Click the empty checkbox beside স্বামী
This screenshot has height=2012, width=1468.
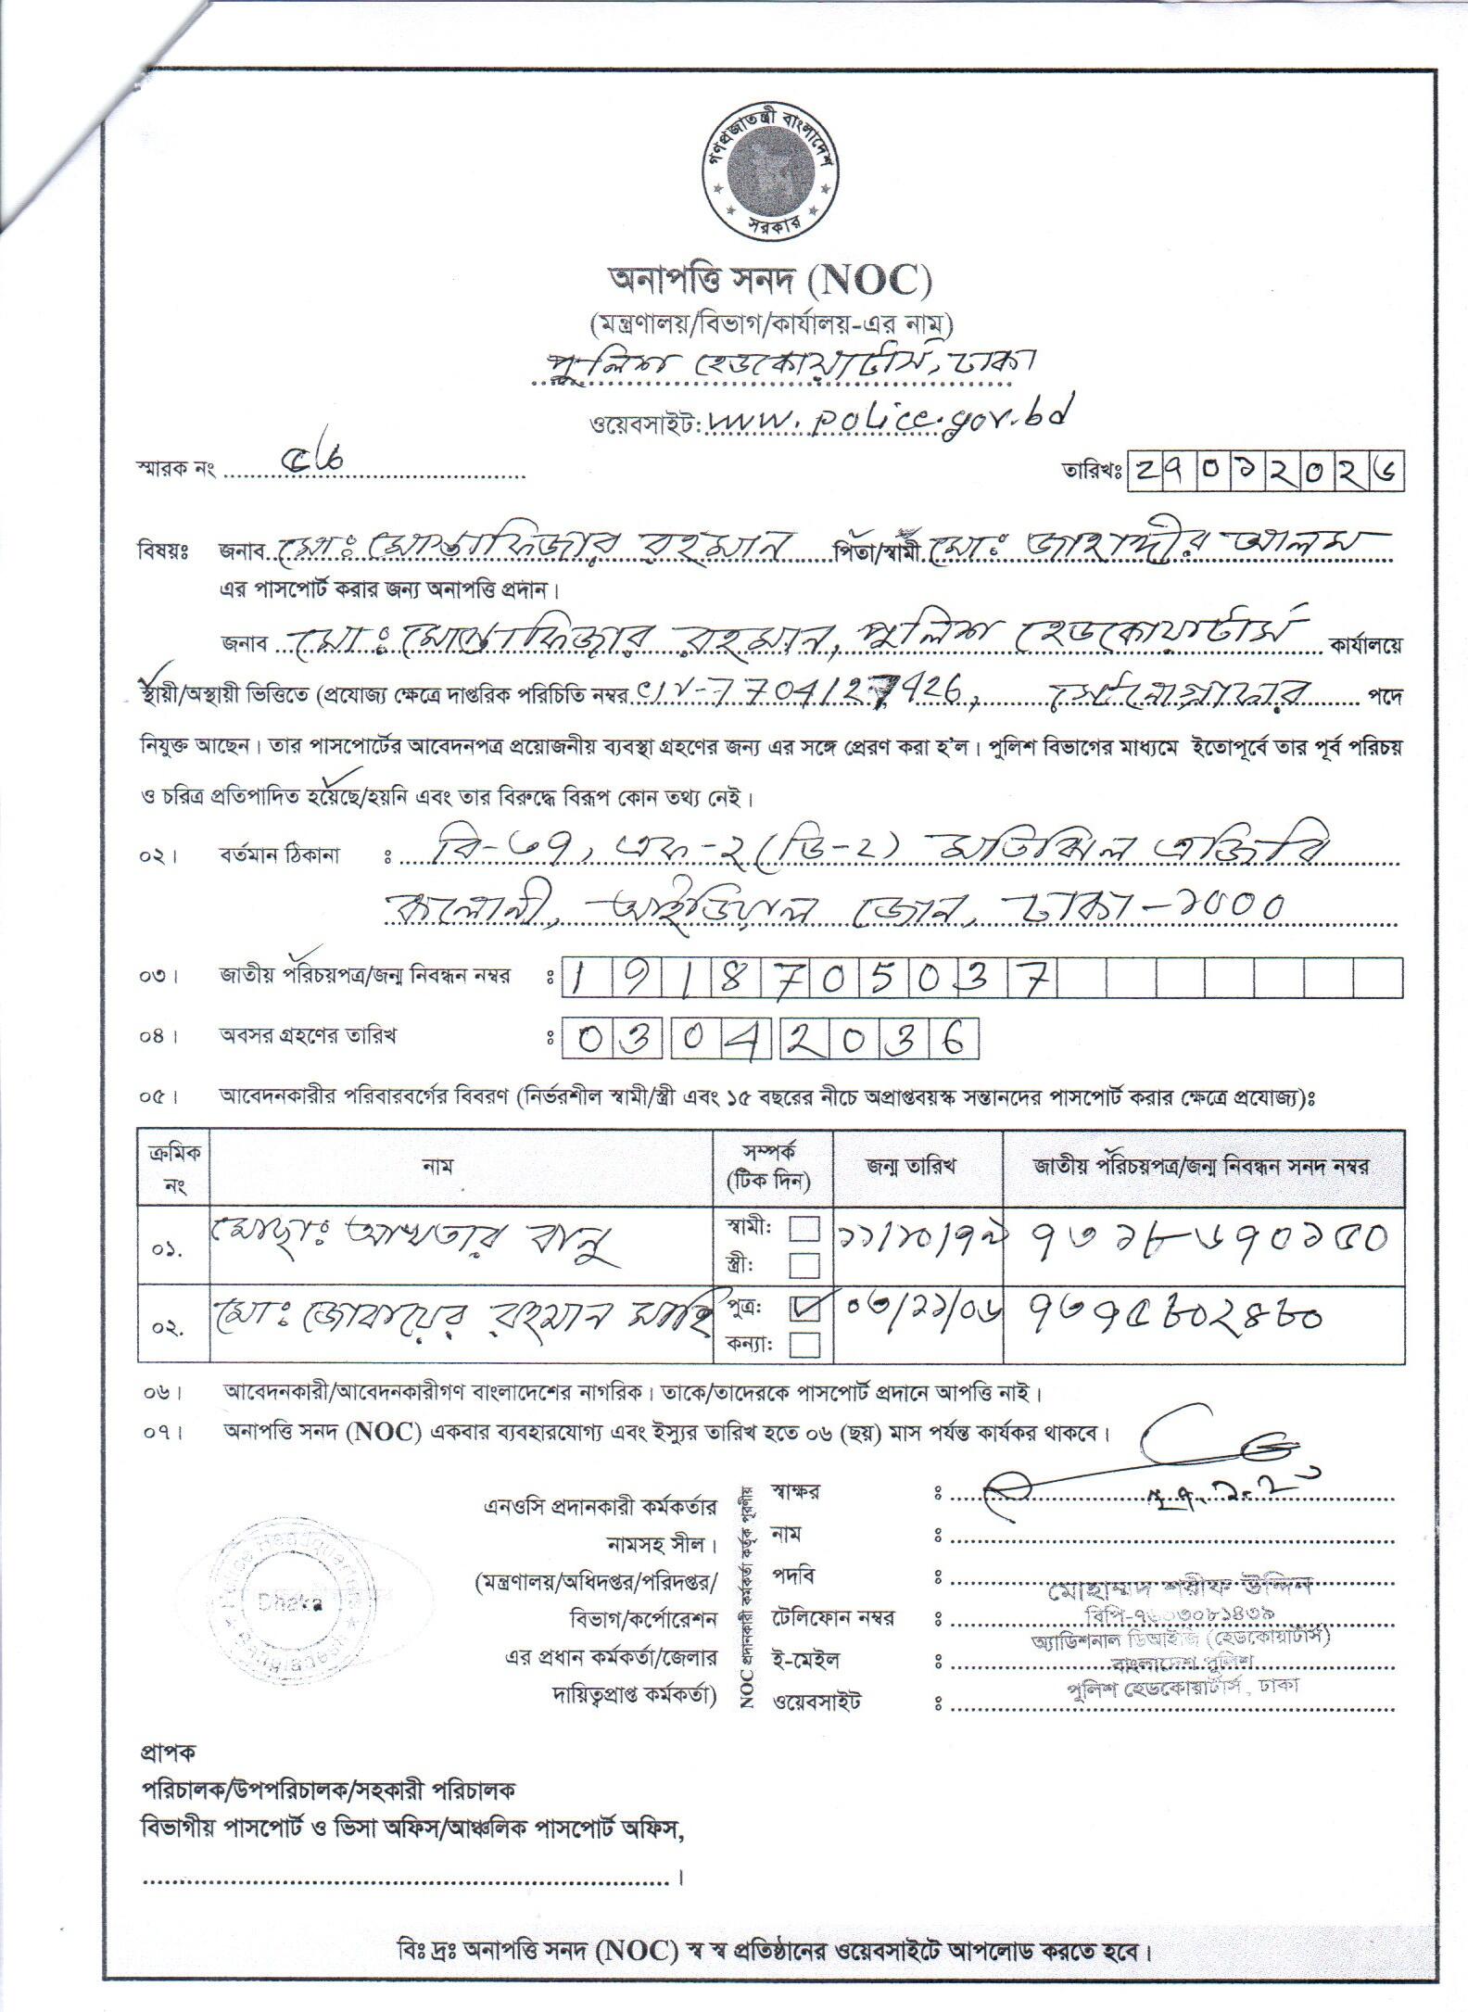804,1230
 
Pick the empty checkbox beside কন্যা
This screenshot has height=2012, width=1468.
804,1344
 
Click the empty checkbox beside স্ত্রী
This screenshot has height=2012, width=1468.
804,1265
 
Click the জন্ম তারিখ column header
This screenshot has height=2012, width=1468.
917,1166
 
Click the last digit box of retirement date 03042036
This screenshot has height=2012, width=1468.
961,1039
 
